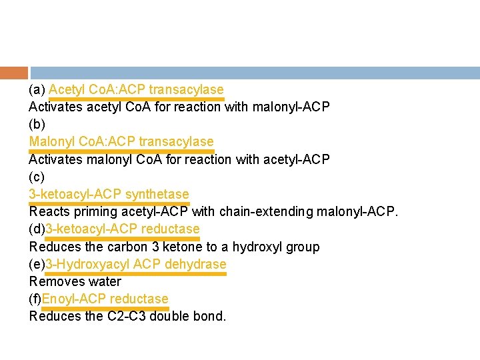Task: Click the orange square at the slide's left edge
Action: [13, 73]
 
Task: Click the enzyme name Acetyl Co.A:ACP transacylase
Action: [136, 89]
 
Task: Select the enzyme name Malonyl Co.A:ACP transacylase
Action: [121, 141]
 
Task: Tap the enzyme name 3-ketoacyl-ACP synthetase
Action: [109, 194]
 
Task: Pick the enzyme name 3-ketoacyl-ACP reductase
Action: [122, 229]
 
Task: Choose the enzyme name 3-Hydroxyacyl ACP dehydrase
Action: [135, 264]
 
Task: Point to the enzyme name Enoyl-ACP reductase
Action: [105, 299]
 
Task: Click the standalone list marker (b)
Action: [37, 124]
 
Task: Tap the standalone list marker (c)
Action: [37, 177]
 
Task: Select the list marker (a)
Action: [37, 89]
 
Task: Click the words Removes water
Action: [75, 281]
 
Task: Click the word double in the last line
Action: [171, 316]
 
